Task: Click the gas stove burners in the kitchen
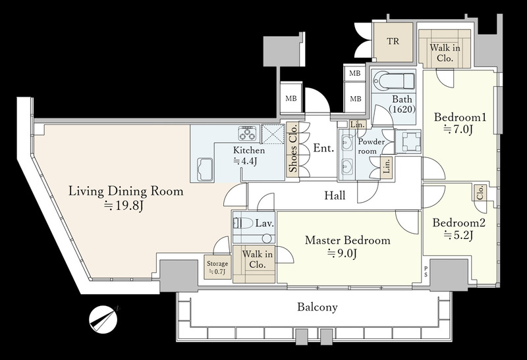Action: point(248,133)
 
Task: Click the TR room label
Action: point(393,41)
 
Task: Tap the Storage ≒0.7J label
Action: point(217,268)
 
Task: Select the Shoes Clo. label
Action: point(292,149)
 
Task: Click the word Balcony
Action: point(318,307)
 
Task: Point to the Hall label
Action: point(335,195)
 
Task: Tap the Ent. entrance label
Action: point(323,148)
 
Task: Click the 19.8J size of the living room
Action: point(124,205)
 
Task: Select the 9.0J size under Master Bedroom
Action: point(342,253)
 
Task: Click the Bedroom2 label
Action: point(458,223)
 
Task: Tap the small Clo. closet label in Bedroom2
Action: point(480,193)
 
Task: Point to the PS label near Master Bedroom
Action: point(426,271)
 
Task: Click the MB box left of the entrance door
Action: point(291,99)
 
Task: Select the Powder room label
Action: point(371,146)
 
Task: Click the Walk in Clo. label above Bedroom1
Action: point(445,53)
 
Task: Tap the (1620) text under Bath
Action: point(402,109)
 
